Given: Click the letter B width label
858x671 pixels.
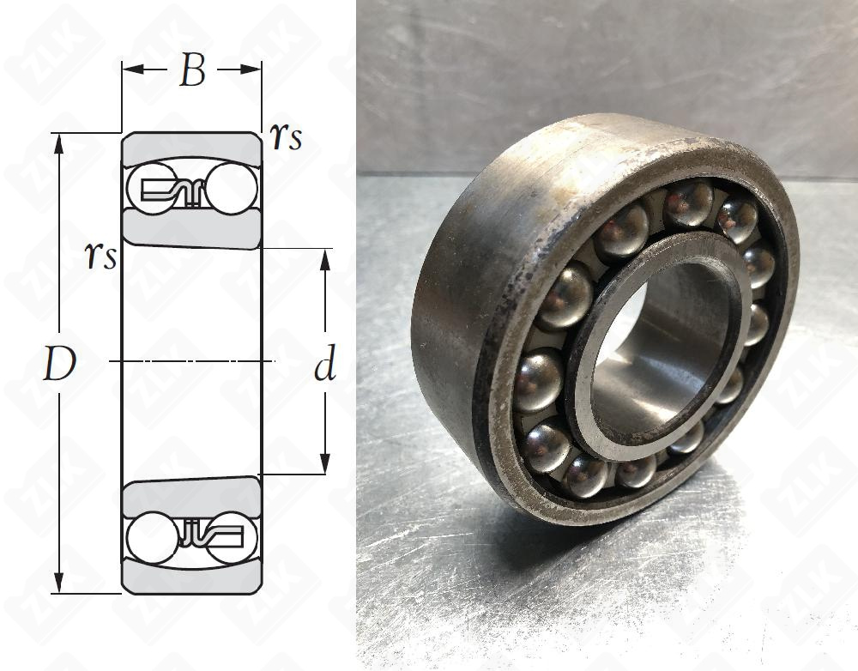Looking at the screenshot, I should (192, 72).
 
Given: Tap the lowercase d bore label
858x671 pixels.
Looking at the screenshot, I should (324, 366).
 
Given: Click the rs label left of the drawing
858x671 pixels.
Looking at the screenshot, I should (100, 255).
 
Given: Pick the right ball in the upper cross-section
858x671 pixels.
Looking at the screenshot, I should (230, 190).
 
